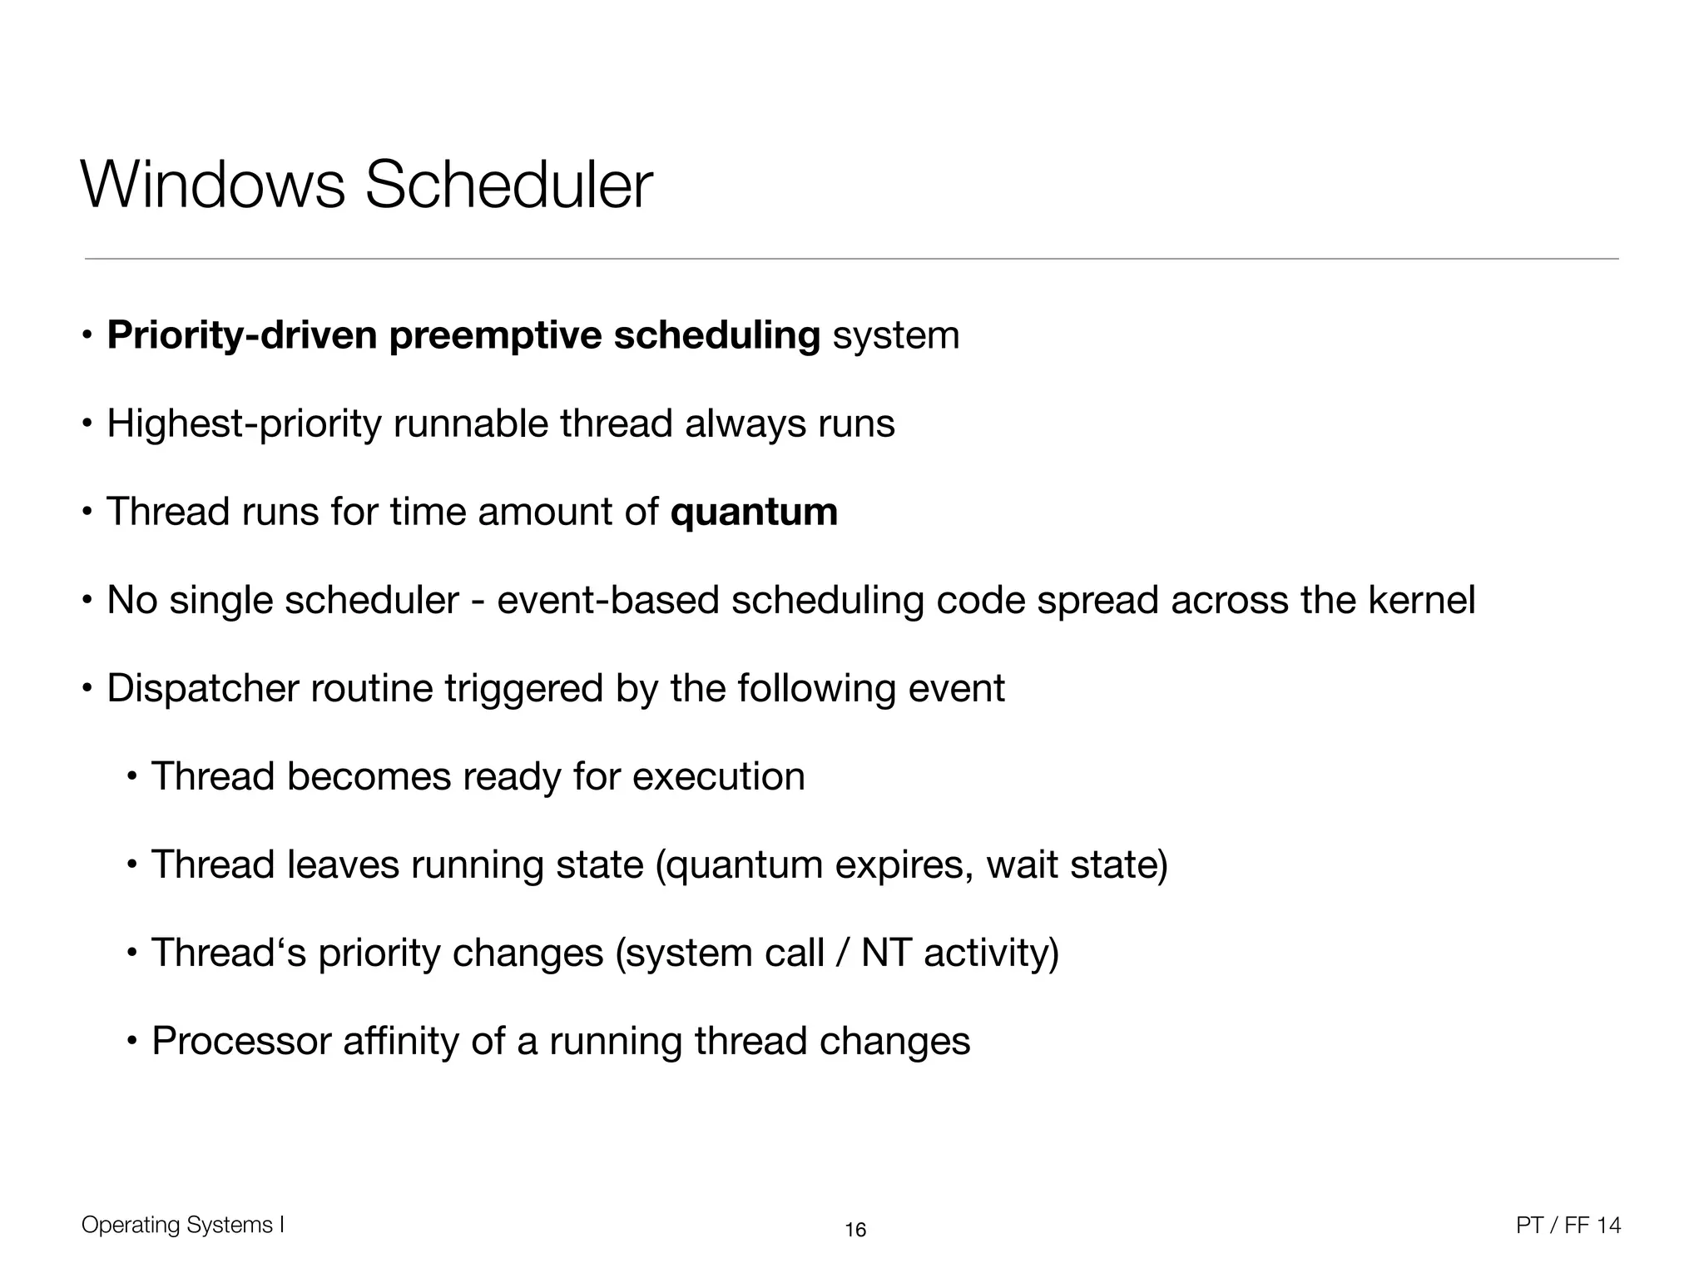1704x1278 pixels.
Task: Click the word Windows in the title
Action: point(212,185)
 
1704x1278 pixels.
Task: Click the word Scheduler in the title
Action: point(508,185)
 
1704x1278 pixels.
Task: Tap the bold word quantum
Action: point(754,512)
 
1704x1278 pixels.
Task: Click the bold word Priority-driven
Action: point(242,335)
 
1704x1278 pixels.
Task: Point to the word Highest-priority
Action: point(244,424)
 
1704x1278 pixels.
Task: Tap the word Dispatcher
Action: point(202,689)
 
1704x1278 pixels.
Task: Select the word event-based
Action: point(607,600)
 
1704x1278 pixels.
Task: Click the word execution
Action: point(718,776)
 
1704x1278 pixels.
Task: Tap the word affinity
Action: point(400,1041)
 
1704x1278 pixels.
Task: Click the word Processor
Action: point(241,1041)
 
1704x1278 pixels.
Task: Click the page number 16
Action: point(855,1230)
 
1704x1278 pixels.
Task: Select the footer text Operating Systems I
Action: point(183,1225)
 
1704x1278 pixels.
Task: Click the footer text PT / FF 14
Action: point(1568,1225)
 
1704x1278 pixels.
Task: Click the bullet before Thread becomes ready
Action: point(131,777)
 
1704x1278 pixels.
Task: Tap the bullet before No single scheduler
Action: point(87,601)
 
